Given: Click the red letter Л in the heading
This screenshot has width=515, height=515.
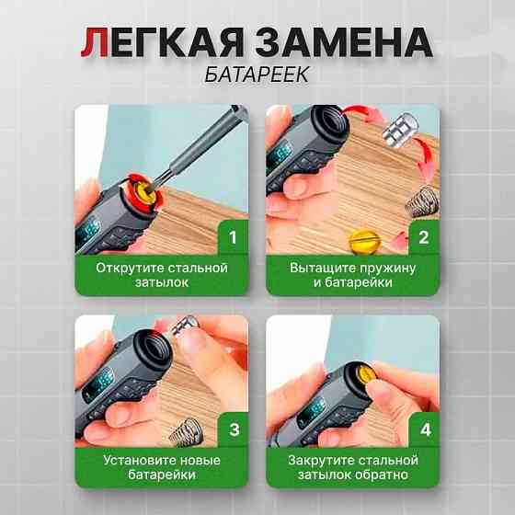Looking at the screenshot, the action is pos(95,42).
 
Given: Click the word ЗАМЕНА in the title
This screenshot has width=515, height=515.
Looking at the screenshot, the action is pos(344,42).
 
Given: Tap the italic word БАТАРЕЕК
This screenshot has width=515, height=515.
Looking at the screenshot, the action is pos(257,74).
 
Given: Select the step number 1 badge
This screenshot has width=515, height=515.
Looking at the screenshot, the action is pos(233,237).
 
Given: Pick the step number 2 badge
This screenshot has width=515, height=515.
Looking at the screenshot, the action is pos(424,237).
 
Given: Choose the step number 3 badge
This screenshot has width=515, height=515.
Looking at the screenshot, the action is pos(234,429).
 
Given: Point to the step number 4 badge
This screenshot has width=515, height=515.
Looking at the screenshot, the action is pos(425,429).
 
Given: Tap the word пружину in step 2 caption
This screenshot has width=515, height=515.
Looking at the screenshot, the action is pos(387,269).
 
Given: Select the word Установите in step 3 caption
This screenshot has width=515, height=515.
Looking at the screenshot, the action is pos(139,460).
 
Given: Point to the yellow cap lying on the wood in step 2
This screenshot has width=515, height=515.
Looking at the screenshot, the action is pos(364,242).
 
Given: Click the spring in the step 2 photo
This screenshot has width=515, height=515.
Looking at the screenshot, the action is pos(422,202).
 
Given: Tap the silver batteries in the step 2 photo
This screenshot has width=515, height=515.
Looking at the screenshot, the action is pos(401,130).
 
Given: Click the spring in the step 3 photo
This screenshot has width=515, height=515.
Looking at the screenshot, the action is pos(185,432).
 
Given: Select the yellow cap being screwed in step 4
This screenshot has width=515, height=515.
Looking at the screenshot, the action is pos(365,375).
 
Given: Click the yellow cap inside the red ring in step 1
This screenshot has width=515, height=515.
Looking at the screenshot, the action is pos(144,193).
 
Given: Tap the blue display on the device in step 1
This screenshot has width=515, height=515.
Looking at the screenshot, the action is pos(88,231).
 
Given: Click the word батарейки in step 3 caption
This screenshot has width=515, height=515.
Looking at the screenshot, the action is pos(162,475).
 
